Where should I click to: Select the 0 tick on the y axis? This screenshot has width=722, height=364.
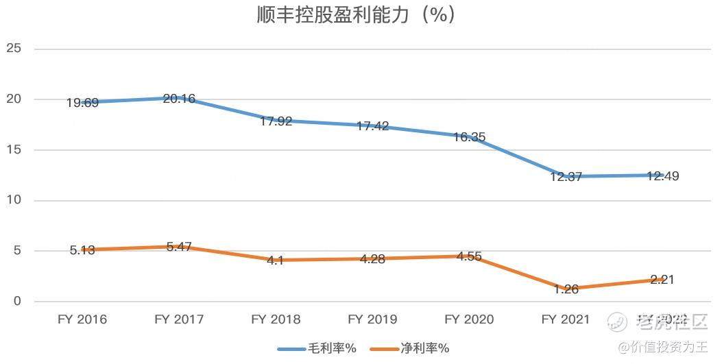coord(18,302)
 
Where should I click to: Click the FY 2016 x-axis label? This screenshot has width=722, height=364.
coord(82,319)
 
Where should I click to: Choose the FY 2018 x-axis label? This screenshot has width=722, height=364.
coord(276,319)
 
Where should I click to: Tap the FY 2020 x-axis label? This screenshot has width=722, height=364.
coord(469,319)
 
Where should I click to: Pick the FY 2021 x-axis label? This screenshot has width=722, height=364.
coord(566,319)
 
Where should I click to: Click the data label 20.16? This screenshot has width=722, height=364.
coord(179,99)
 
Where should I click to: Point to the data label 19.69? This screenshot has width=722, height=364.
coord(82,104)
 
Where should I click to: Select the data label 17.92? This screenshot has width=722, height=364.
coord(276,121)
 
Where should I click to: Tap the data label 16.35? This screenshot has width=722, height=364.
coord(469,137)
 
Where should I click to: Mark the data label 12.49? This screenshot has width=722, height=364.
coord(662,175)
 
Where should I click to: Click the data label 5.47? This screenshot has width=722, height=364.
coord(179,245)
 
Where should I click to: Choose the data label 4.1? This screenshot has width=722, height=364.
coord(276,261)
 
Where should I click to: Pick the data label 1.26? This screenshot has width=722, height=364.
coord(566,289)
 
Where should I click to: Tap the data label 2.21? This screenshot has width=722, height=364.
coord(662,280)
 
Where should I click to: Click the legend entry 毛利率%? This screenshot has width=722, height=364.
coord(317,348)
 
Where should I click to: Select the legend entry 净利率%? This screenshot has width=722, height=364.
coord(410,348)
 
